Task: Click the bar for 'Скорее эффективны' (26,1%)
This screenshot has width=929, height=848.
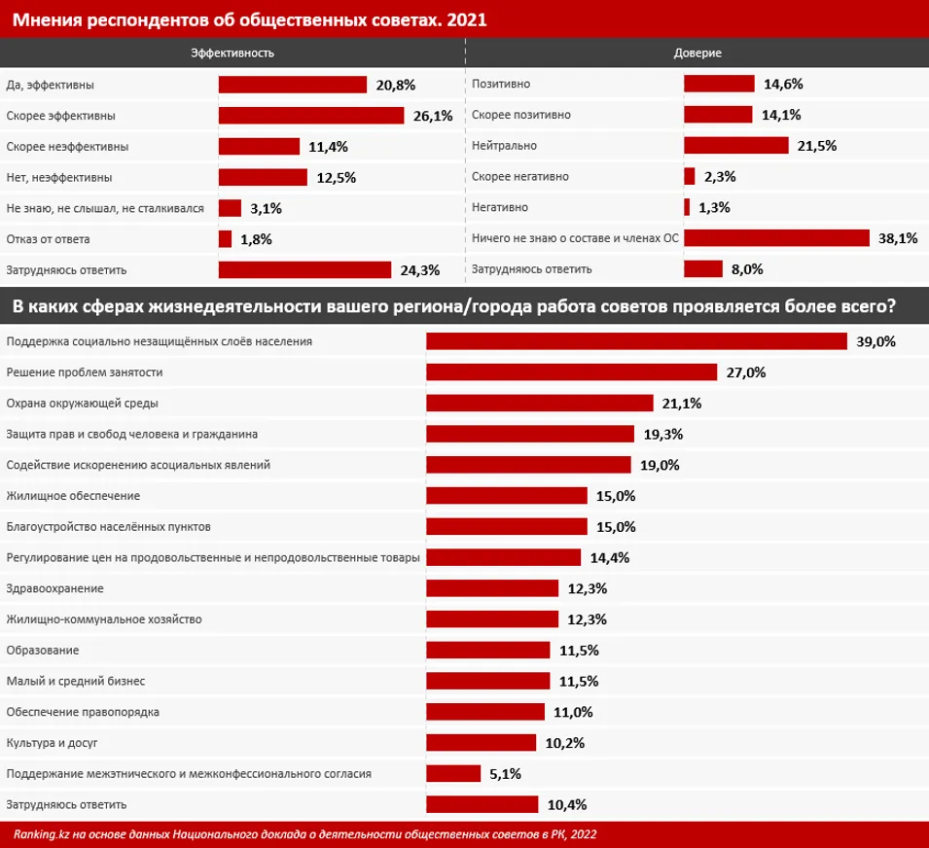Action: point(310,116)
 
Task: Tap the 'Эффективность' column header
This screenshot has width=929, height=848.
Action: point(232,53)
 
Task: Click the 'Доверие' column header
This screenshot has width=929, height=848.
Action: point(697,53)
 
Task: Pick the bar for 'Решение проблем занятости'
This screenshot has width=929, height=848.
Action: point(572,372)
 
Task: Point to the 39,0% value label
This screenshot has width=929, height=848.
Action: point(875,341)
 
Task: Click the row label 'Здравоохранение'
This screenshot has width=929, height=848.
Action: point(54,588)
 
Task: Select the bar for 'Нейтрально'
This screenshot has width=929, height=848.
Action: point(735,146)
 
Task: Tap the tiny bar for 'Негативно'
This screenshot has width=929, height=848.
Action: point(687,207)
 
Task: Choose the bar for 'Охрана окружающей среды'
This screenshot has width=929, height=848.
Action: point(539,403)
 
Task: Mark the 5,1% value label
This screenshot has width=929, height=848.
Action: point(506,774)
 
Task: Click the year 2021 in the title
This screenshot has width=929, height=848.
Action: point(466,18)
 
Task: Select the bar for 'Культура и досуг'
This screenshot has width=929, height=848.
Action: point(482,743)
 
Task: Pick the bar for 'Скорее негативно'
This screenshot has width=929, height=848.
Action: point(689,177)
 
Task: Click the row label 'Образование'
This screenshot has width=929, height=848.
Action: point(43,650)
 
